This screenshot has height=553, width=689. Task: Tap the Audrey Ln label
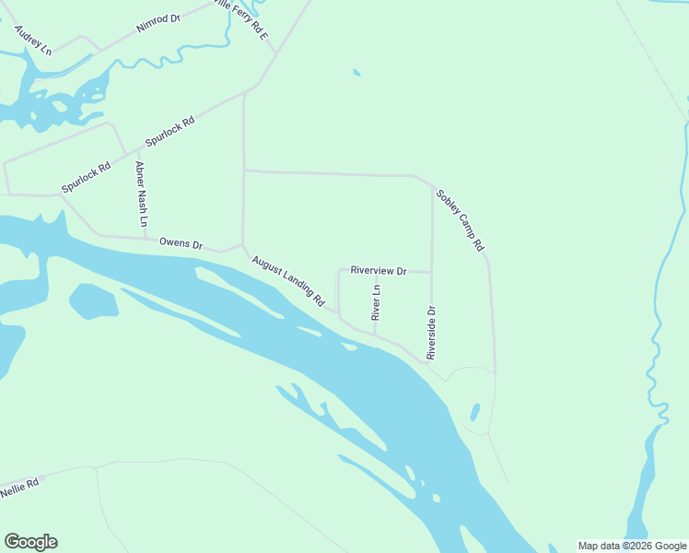(33, 40)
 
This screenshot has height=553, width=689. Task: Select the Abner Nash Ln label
(141, 194)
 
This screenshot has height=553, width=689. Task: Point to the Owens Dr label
(181, 243)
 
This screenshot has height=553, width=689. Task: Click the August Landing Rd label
(289, 281)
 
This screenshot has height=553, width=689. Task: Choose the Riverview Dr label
(378, 271)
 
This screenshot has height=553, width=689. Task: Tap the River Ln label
(376, 302)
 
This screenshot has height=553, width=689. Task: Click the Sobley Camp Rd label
(461, 221)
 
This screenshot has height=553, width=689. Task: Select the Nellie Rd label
(19, 488)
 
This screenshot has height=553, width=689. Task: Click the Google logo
(30, 542)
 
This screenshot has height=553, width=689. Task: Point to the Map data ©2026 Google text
(633, 546)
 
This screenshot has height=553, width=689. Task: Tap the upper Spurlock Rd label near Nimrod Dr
(170, 133)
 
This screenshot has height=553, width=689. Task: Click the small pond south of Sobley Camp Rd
(475, 412)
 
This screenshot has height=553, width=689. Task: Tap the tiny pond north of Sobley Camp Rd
(356, 73)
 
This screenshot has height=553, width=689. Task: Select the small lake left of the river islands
(93, 300)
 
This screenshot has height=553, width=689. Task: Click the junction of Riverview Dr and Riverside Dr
(432, 273)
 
